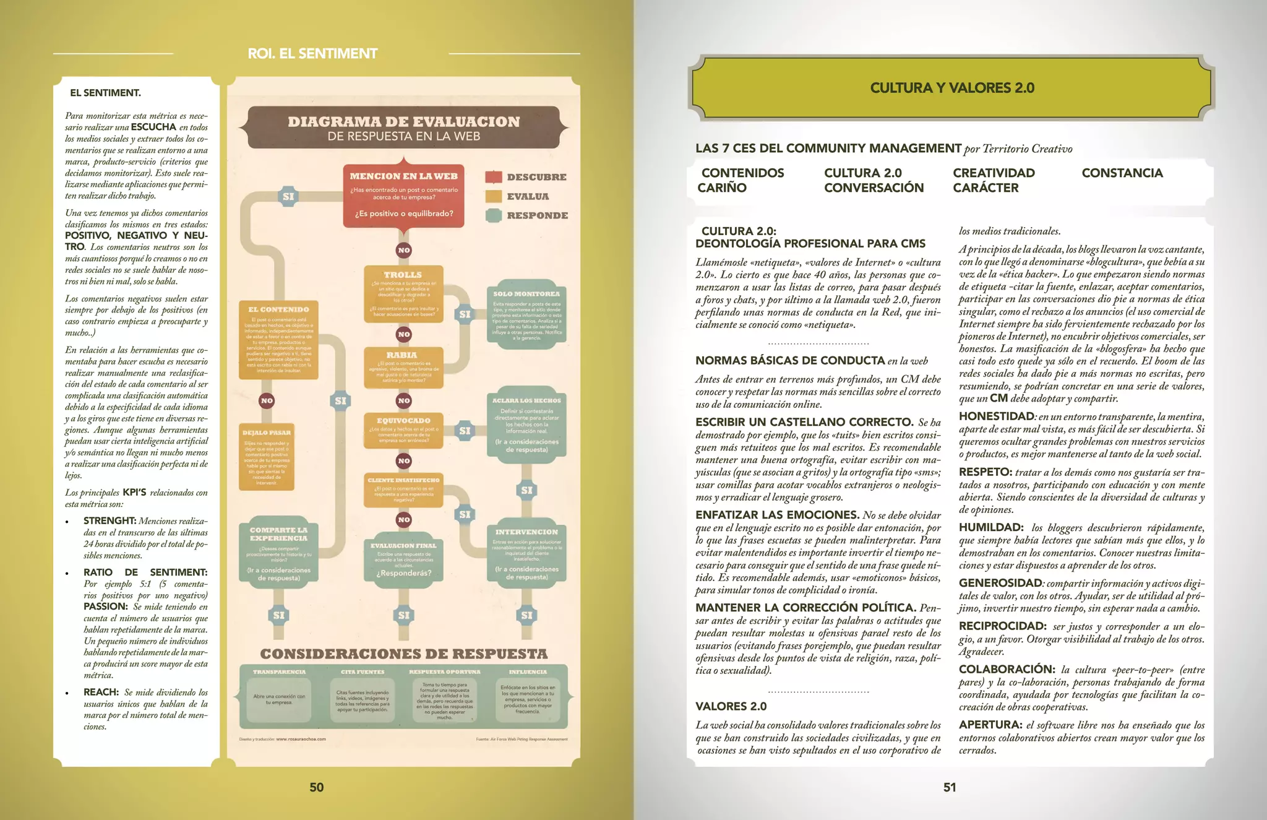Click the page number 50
(316, 787)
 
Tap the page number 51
(950, 787)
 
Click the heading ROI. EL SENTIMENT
(312, 54)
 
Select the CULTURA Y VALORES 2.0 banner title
(952, 88)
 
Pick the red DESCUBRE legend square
(493, 177)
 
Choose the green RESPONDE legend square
(493, 215)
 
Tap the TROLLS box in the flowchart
(403, 294)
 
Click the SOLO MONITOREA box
(526, 316)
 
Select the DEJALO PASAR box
(267, 457)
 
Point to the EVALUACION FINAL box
(403, 560)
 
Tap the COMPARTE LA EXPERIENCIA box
(278, 551)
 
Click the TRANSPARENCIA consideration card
(279, 698)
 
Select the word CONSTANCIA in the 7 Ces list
(1122, 173)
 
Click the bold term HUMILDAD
(990, 527)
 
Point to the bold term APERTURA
(989, 725)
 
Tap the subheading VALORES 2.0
(731, 707)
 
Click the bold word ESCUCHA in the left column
(153, 127)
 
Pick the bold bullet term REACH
(101, 692)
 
